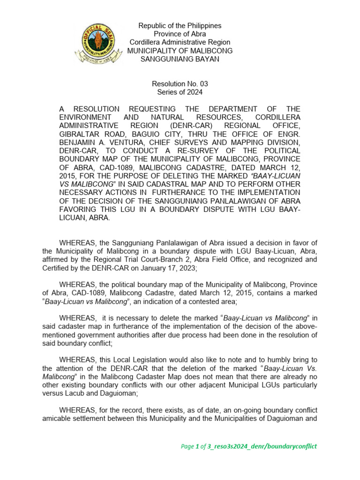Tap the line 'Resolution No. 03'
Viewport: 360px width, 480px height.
pos(180,84)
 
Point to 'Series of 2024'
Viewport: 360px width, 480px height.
pos(180,92)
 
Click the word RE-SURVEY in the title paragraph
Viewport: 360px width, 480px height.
pos(193,150)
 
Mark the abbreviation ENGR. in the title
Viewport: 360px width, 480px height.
pos(289,134)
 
